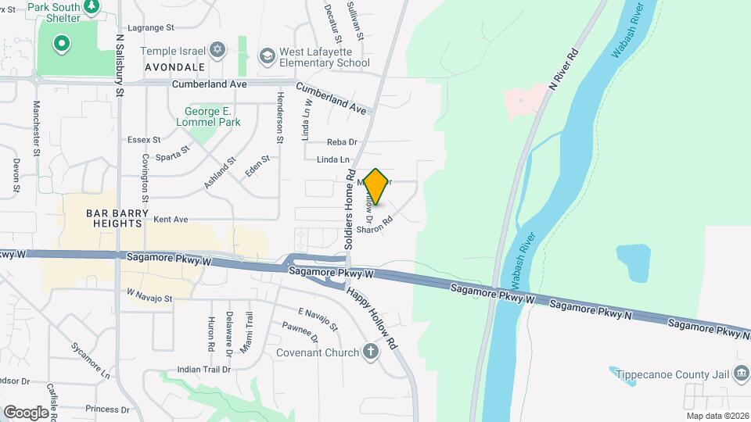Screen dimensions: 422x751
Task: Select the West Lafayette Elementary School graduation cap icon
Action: (x=268, y=55)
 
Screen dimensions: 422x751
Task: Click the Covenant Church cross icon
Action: (x=372, y=352)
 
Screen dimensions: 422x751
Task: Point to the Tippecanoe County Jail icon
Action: (x=740, y=374)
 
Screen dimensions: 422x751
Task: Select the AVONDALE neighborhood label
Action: (x=174, y=68)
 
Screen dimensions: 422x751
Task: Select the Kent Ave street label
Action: (x=171, y=220)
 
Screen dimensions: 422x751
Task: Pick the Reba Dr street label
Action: (x=342, y=141)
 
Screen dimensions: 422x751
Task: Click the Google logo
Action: (x=26, y=412)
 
